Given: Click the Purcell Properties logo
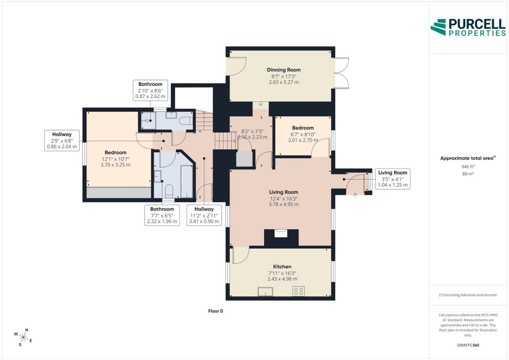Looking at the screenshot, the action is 468,27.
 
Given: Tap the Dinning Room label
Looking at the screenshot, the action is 284,70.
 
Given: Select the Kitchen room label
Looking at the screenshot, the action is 282,267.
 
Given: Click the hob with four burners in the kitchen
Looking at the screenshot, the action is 298,291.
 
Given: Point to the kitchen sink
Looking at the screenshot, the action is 265,292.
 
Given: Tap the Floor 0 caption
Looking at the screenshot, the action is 216,311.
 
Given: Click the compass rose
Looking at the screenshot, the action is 23,337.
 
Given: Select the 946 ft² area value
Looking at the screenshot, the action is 468,167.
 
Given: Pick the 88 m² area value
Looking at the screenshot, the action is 468,174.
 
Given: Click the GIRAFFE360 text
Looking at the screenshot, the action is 468,345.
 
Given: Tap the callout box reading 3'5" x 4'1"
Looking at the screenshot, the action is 392,179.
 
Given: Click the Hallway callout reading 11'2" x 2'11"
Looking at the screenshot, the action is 204,215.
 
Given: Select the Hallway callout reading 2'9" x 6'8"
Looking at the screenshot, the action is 62,140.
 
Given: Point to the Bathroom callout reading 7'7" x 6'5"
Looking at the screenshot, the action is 162,215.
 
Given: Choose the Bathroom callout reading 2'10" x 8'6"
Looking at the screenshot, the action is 150,90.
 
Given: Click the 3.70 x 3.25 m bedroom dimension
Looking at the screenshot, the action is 115,165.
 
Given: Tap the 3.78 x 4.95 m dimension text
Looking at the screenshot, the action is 284,204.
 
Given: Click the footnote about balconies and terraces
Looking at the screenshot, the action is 468,295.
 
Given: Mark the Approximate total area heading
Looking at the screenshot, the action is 468,158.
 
